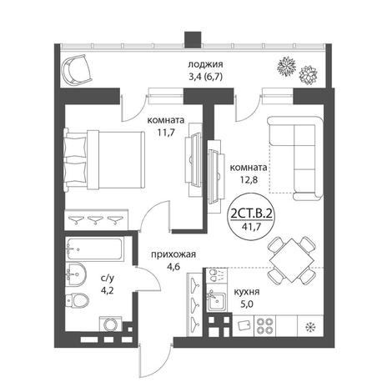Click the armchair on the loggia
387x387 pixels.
point(77,69)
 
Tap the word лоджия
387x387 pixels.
point(205,64)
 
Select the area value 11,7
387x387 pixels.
point(166,133)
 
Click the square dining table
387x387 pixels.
point(292,260)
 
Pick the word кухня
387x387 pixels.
point(247,292)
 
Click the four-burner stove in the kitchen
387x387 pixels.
point(264,326)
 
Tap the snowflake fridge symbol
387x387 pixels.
point(309,327)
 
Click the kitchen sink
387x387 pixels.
point(216,301)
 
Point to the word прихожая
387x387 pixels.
point(173,254)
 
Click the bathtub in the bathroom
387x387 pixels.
point(94,249)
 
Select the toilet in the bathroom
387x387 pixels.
point(77,300)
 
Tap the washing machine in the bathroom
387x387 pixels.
point(111,324)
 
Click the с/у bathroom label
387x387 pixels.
point(108,278)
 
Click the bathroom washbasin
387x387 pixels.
point(76,274)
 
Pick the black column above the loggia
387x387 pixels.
point(193,39)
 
